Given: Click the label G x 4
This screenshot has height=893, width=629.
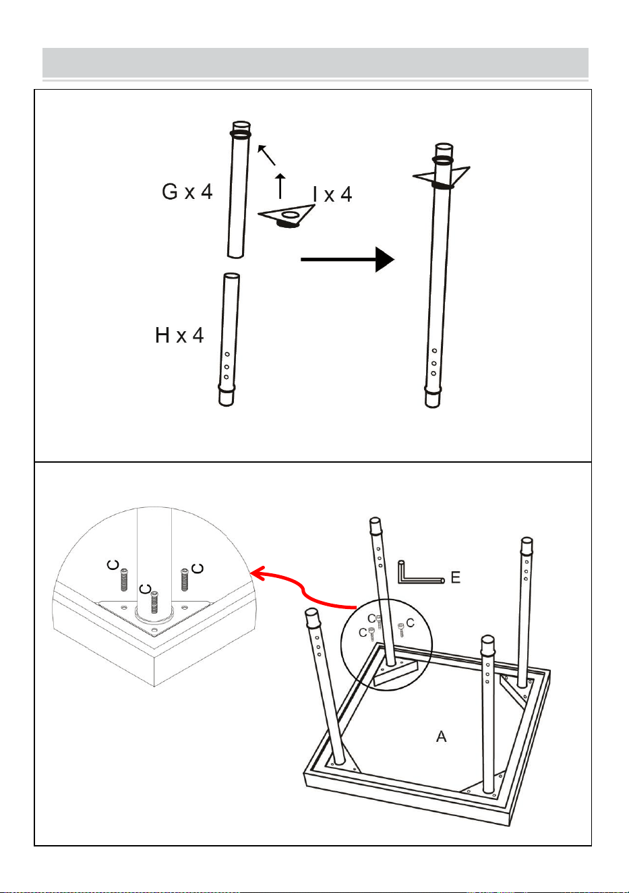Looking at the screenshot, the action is click(187, 192).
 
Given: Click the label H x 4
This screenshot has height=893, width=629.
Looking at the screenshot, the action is click(179, 335).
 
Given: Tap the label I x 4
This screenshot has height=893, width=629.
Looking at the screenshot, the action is click(332, 194).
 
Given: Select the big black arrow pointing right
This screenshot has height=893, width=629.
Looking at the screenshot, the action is click(348, 260).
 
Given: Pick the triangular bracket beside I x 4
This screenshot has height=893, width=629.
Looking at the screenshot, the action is click(287, 216).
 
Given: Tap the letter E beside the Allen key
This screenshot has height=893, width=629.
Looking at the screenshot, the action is click(456, 577).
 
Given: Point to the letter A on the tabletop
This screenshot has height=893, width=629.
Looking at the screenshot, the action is click(442, 737).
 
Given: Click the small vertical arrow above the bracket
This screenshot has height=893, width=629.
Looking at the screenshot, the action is click(280, 186).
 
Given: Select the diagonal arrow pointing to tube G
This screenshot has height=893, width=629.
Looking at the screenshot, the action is click(266, 155).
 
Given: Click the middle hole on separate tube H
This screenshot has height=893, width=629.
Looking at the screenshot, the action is click(227, 367).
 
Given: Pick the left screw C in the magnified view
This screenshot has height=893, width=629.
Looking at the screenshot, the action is click(124, 580).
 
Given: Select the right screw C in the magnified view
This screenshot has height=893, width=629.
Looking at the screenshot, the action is click(185, 579).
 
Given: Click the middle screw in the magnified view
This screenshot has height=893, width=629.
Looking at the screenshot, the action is click(154, 602).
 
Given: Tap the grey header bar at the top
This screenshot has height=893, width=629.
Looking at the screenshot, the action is click(316, 63).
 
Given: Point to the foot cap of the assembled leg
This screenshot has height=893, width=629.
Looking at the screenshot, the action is click(433, 397).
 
